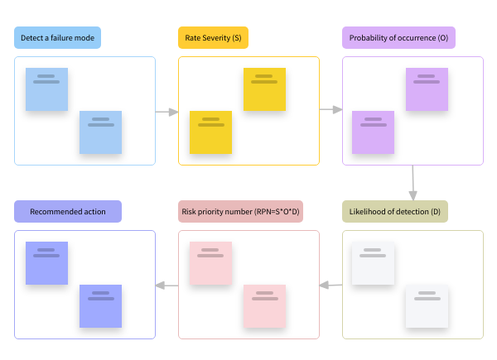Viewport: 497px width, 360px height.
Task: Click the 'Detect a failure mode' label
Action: tap(58, 38)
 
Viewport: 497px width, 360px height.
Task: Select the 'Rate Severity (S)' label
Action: tap(213, 38)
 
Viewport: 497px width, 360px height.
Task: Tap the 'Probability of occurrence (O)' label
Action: tap(399, 38)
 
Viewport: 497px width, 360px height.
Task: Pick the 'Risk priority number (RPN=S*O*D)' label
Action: tap(241, 212)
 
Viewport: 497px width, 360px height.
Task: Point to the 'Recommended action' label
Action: tap(68, 212)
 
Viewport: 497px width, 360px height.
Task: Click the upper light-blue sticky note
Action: tap(46, 89)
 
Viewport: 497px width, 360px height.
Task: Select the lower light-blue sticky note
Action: tap(101, 132)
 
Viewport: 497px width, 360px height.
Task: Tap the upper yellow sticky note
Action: tap(264, 89)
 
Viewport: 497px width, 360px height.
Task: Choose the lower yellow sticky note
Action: tap(210, 132)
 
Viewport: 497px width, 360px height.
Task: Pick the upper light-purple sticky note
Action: tap(427, 89)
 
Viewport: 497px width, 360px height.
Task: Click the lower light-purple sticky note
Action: tap(373, 132)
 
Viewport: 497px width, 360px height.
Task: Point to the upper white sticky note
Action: tap(373, 263)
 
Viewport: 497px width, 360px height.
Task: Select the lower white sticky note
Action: tap(427, 306)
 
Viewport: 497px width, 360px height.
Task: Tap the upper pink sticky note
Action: tap(210, 263)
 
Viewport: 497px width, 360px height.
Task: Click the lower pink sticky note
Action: tap(264, 306)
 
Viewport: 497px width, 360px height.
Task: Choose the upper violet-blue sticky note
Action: tap(46, 263)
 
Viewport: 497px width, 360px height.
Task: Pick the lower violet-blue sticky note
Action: tap(101, 306)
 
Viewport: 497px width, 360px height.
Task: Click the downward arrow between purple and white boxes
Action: tap(413, 182)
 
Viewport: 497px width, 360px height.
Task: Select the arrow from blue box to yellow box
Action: tap(166, 111)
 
